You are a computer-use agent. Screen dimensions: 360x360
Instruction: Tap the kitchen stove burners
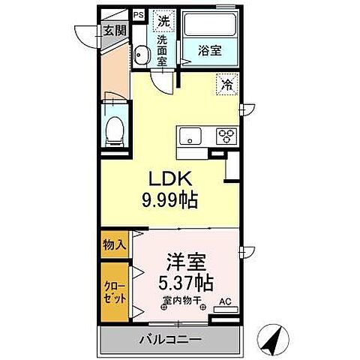pos(226,136)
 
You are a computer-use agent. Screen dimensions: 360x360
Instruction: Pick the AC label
pos(224,304)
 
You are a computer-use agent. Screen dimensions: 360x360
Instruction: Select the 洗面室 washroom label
pos(163,49)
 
